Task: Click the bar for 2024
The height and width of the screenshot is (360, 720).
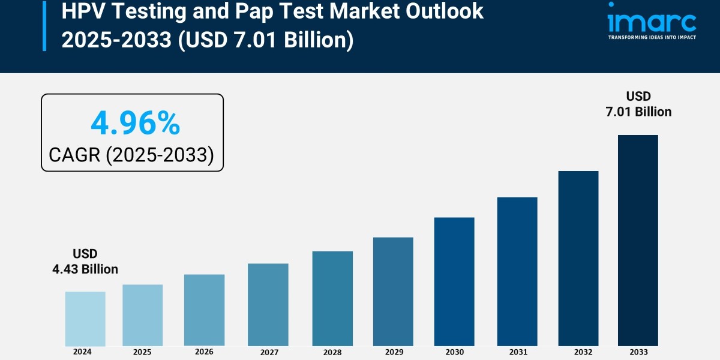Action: click(85, 319)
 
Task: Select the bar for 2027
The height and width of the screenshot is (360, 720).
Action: click(268, 305)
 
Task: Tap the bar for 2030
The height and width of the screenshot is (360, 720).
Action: click(454, 281)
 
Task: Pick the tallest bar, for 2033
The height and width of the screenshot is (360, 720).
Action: click(638, 240)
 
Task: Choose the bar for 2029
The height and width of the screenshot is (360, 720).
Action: click(393, 292)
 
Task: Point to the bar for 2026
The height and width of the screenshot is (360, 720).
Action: click(204, 310)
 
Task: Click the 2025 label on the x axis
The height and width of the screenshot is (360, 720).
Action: click(143, 352)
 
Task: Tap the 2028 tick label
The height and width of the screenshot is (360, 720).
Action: click(332, 352)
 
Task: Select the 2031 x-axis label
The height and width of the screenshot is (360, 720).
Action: click(517, 352)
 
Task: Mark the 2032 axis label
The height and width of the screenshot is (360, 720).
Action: click(578, 352)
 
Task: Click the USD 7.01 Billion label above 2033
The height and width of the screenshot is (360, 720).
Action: click(638, 104)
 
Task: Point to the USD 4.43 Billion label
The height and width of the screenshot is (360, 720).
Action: click(85, 262)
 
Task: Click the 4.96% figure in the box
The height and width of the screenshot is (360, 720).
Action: click(135, 123)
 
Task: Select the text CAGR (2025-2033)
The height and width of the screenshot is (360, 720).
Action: click(131, 155)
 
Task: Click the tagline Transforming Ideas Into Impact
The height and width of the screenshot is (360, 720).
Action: click(652, 37)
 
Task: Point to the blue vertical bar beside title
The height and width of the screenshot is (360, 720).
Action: click(44, 25)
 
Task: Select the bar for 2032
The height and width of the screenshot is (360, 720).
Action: click(578, 259)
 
